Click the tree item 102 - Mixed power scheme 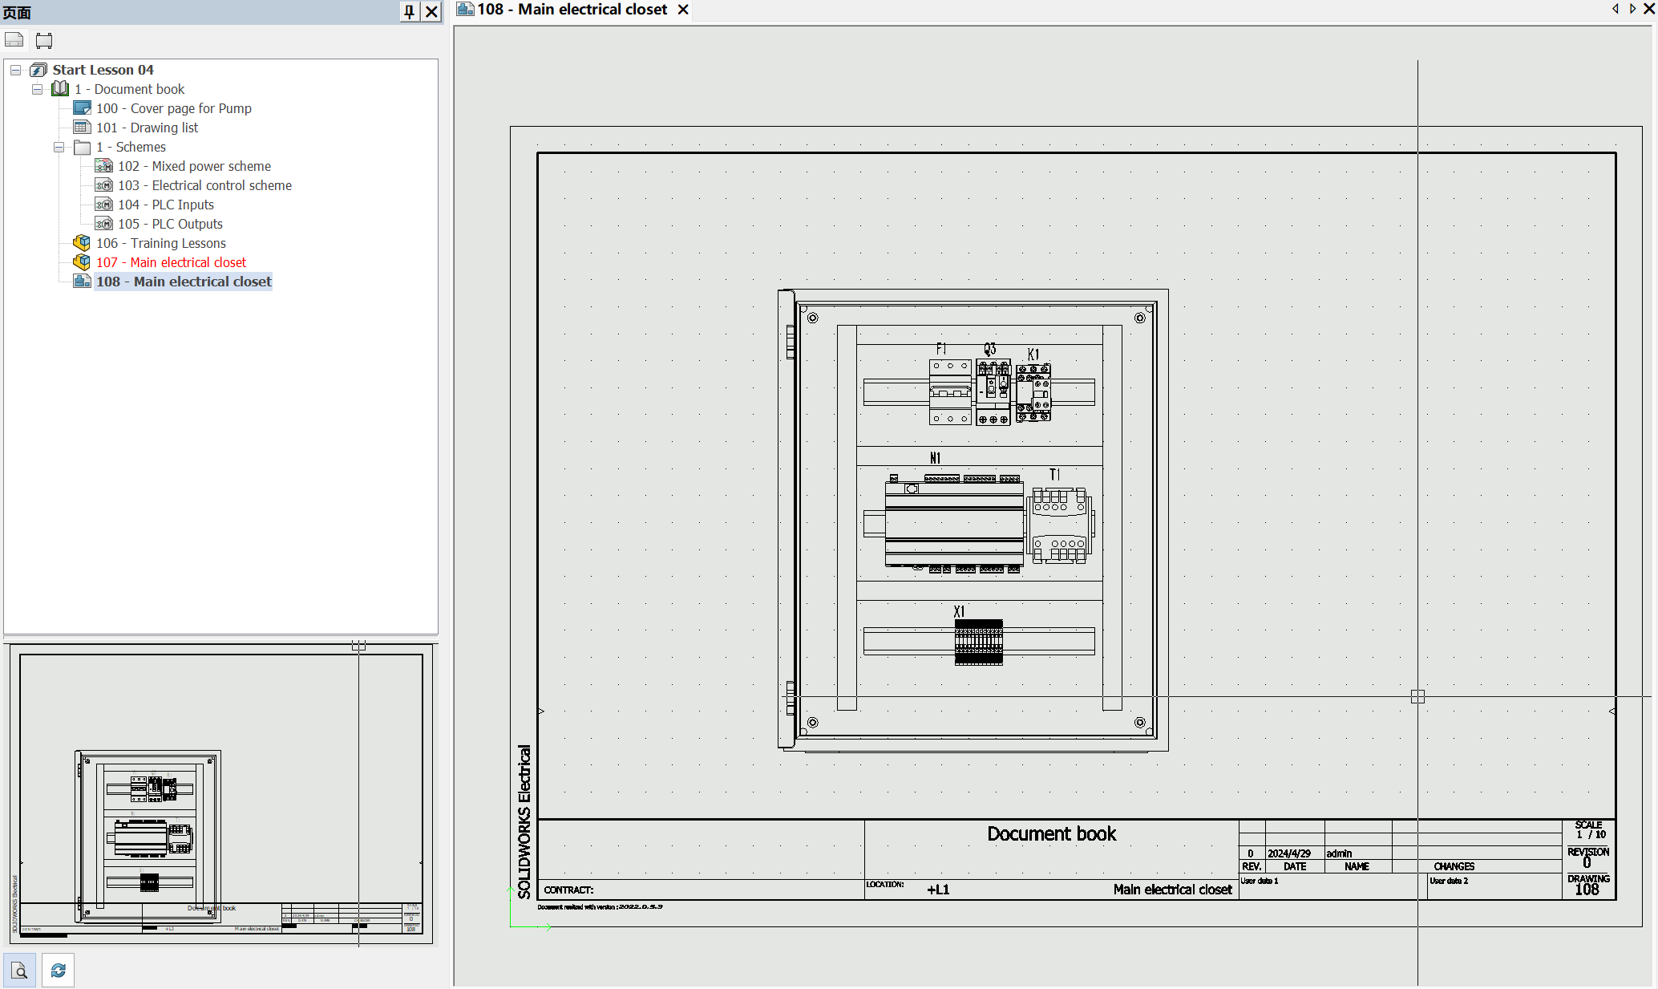[194, 166]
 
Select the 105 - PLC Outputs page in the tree [170, 224]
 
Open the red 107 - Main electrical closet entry [171, 262]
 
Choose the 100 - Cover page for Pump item [173, 108]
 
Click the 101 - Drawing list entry [147, 128]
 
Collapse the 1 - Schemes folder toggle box [59, 147]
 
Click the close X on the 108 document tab [683, 10]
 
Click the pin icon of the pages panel [409, 11]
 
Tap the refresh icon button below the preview [58, 971]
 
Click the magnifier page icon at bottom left [19, 971]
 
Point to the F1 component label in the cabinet [941, 349]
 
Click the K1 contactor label [1033, 355]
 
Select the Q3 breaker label [990, 349]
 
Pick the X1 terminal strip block [978, 642]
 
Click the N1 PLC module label [935, 458]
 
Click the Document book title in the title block [1051, 834]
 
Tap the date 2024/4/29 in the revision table [1288, 853]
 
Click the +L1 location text [938, 890]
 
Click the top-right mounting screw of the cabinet [1139, 318]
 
